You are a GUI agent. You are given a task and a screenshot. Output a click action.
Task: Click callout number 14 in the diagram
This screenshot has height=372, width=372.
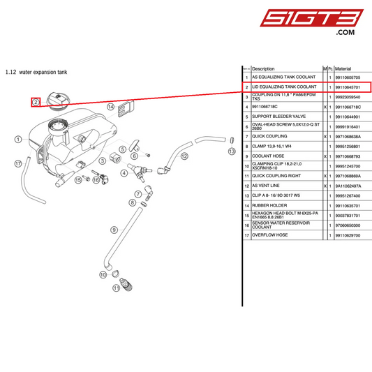[x=110, y=107]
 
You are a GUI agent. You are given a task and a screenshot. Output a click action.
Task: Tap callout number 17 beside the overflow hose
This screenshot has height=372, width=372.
[x=17, y=163]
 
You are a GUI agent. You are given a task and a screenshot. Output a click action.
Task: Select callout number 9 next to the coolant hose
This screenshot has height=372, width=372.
[x=113, y=230]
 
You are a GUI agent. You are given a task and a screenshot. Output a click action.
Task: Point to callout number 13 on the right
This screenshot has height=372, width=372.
[x=231, y=150]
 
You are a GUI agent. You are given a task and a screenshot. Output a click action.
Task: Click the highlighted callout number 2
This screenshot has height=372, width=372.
[x=35, y=102]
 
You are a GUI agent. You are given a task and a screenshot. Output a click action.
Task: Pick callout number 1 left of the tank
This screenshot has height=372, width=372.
[x=17, y=140]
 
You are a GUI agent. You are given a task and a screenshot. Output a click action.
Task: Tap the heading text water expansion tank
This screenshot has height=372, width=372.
[x=43, y=72]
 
